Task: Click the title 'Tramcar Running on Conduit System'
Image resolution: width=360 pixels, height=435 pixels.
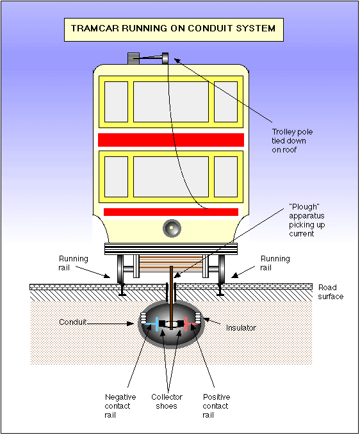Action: (x=173, y=29)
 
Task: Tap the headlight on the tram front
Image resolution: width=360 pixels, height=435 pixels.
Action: (x=171, y=227)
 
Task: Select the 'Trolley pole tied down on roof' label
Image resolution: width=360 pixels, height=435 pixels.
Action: (x=292, y=140)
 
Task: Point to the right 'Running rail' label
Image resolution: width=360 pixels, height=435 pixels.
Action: (x=275, y=263)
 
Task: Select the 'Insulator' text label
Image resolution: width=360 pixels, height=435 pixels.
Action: (x=241, y=327)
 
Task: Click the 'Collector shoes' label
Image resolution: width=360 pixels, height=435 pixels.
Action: (x=167, y=402)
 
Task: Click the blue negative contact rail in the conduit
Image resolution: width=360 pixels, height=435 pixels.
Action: (x=156, y=324)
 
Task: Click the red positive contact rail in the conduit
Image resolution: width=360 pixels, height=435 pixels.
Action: (x=186, y=324)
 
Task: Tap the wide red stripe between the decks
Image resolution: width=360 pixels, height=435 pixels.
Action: (x=171, y=140)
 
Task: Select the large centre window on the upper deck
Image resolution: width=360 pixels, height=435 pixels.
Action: (x=171, y=102)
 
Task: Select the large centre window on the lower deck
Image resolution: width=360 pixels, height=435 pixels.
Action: (x=171, y=176)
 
